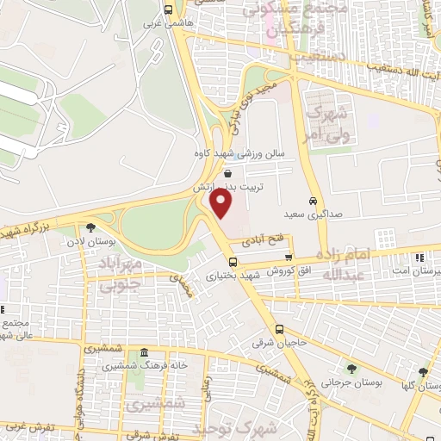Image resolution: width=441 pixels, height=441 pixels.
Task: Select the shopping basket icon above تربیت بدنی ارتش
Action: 227,173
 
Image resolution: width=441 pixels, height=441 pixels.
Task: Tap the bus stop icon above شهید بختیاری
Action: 233,262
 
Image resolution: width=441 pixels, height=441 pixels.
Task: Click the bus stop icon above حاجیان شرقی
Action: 279,330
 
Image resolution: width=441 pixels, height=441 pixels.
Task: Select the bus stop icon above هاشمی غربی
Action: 167,11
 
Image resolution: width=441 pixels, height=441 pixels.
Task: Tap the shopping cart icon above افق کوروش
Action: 289,257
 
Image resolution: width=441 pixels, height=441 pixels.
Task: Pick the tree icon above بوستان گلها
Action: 423,372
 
